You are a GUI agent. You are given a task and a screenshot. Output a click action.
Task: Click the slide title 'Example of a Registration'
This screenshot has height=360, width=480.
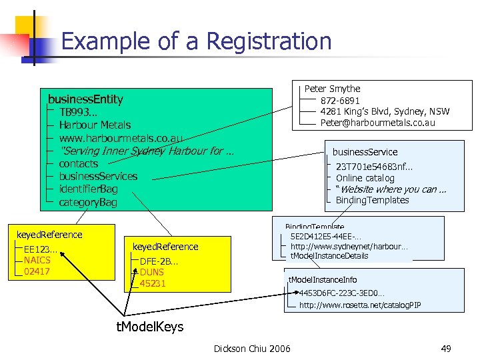(x=196, y=41)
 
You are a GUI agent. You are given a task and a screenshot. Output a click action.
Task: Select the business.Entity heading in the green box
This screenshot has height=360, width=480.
(x=81, y=99)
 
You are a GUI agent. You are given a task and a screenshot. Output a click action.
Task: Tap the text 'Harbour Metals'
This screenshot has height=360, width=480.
(x=95, y=125)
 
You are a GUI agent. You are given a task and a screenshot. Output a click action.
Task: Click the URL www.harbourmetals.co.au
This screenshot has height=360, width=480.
(x=121, y=137)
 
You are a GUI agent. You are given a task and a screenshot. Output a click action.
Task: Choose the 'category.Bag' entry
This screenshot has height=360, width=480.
(x=88, y=202)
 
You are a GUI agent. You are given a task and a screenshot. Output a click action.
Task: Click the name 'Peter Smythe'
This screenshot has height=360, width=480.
(x=332, y=89)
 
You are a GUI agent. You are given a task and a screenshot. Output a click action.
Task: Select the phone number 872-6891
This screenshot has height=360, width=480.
(x=340, y=101)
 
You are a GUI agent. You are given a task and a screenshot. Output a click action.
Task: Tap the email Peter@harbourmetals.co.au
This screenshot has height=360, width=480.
(x=377, y=123)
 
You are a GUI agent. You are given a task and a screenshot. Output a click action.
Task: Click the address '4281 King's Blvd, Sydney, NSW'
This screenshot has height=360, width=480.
(x=385, y=111)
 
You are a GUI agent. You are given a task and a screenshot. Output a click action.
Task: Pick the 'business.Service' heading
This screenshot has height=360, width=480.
(x=365, y=152)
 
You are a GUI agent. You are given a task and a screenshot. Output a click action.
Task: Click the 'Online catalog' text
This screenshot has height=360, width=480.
(x=365, y=178)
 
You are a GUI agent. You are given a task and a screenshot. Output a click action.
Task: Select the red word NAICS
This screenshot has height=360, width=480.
(x=37, y=260)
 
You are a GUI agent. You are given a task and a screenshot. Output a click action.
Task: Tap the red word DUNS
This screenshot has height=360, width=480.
(x=152, y=272)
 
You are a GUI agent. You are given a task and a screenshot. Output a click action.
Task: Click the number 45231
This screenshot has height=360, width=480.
(x=153, y=283)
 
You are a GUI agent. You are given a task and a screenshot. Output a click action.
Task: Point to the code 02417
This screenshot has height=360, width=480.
(x=37, y=271)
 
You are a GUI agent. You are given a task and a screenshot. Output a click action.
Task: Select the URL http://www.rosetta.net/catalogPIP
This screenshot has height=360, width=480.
(x=359, y=305)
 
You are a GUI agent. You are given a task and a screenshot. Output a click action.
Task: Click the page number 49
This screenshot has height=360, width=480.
(x=446, y=348)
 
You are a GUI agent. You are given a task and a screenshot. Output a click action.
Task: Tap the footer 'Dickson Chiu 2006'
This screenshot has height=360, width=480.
(x=252, y=348)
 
